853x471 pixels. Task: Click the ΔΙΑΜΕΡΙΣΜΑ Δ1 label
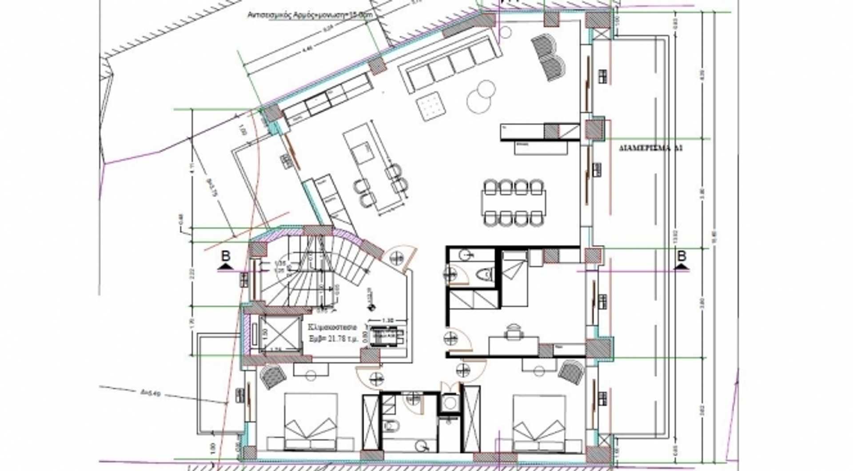pyautogui.click(x=650, y=148)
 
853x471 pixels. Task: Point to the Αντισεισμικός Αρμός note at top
pyautogui.click(x=310, y=15)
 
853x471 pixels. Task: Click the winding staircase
pyautogui.click(x=311, y=271)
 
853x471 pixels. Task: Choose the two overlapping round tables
pyautogui.click(x=481, y=96)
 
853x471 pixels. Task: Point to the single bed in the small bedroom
pyautogui.click(x=515, y=277)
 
